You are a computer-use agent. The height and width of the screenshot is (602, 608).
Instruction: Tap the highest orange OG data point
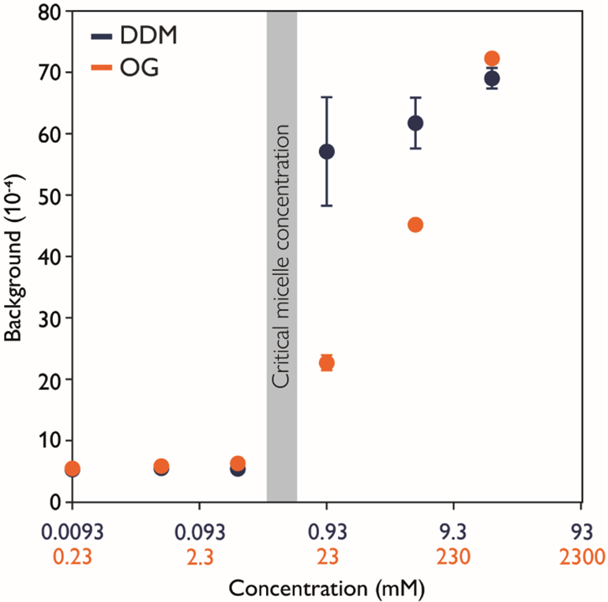(491, 58)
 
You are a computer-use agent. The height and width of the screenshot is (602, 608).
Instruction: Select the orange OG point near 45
(415, 224)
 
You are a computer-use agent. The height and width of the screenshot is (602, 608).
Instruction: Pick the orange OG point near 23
(326, 363)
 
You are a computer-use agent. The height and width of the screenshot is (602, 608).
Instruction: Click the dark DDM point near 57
(326, 152)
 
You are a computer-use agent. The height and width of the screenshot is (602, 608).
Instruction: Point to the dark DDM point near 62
(415, 122)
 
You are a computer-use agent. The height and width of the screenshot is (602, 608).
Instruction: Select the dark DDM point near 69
(491, 78)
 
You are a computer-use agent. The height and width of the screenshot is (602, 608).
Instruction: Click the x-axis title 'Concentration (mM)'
(326, 588)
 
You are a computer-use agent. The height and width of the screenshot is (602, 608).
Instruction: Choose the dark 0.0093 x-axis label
(72, 530)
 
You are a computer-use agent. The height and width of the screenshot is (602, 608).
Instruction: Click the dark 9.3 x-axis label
(454, 530)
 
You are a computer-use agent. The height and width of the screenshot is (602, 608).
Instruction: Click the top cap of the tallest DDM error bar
(326, 97)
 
